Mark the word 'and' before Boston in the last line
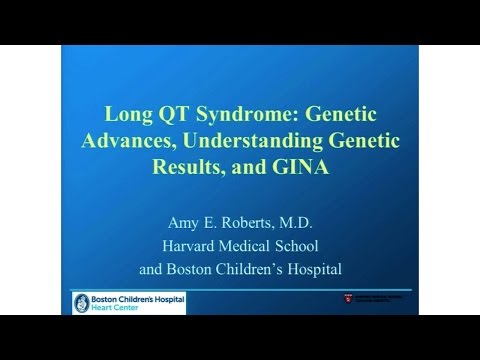[150, 268]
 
